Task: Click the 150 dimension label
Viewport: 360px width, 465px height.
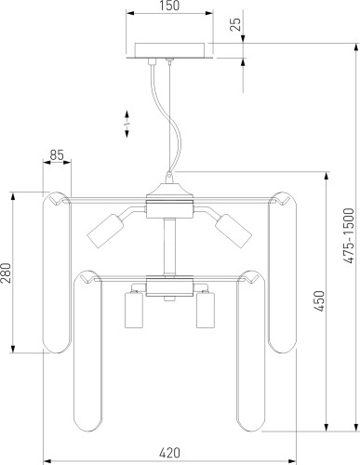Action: [169, 6]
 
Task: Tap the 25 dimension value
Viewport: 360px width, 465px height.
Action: [236, 24]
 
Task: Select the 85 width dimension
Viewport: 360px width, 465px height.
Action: [57, 155]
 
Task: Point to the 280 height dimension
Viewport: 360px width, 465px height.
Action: [6, 272]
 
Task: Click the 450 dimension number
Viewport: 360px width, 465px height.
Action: [319, 301]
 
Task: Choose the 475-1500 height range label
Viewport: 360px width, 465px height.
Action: [350, 236]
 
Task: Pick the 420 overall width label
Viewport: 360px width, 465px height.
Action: [169, 453]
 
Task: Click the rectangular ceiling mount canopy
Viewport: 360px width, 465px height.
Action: [169, 50]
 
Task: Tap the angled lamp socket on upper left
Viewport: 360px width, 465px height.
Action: [104, 231]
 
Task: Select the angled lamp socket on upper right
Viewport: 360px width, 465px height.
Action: [233, 231]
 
